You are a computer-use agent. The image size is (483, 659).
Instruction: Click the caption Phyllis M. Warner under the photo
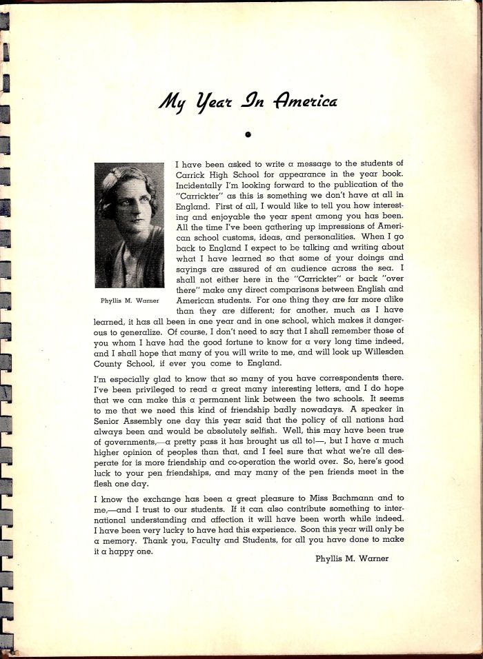click(x=130, y=301)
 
